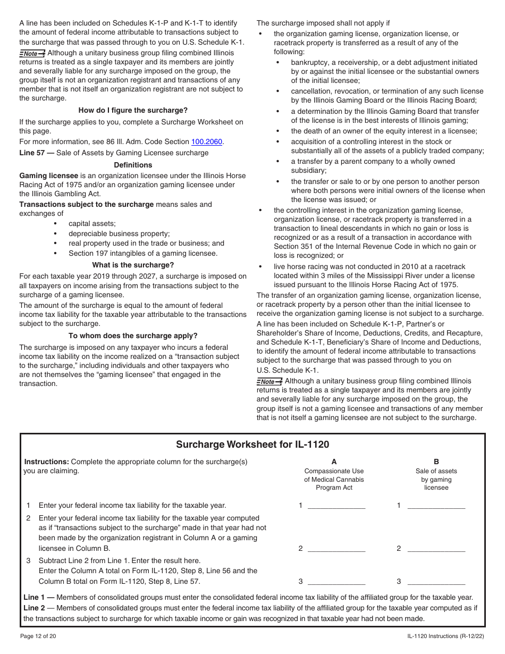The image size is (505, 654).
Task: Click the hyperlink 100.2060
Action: tap(207, 142)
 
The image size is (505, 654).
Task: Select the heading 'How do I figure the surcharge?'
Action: tap(133, 111)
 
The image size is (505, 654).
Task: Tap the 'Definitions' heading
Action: tap(133, 165)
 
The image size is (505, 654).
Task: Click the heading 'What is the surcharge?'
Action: tap(133, 265)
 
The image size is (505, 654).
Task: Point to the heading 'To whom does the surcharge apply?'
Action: tap(133, 336)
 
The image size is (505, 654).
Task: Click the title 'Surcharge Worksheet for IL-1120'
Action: tap(252, 445)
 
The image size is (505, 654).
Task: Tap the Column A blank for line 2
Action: tap(336, 548)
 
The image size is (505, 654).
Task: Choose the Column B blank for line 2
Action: tap(436, 548)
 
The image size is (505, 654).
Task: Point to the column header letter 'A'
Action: tap(334, 462)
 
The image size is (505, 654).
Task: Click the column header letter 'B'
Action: tap(436, 462)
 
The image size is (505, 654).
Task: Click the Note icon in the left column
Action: tap(32, 54)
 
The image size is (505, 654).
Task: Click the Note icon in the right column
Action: tap(269, 382)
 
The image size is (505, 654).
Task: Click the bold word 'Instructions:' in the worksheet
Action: tap(47, 462)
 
